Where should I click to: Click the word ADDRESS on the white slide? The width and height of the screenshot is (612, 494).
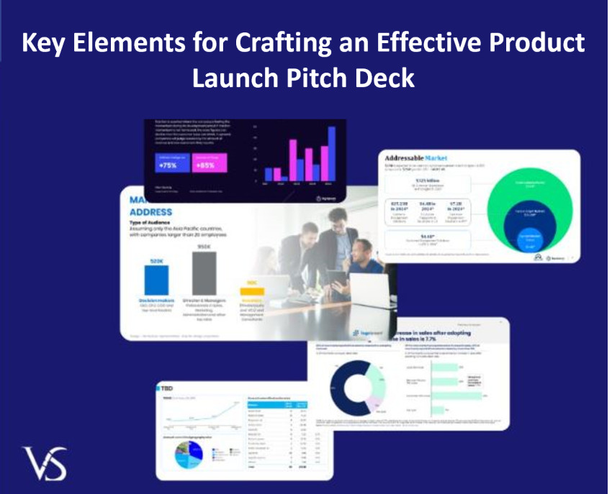[150, 212]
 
